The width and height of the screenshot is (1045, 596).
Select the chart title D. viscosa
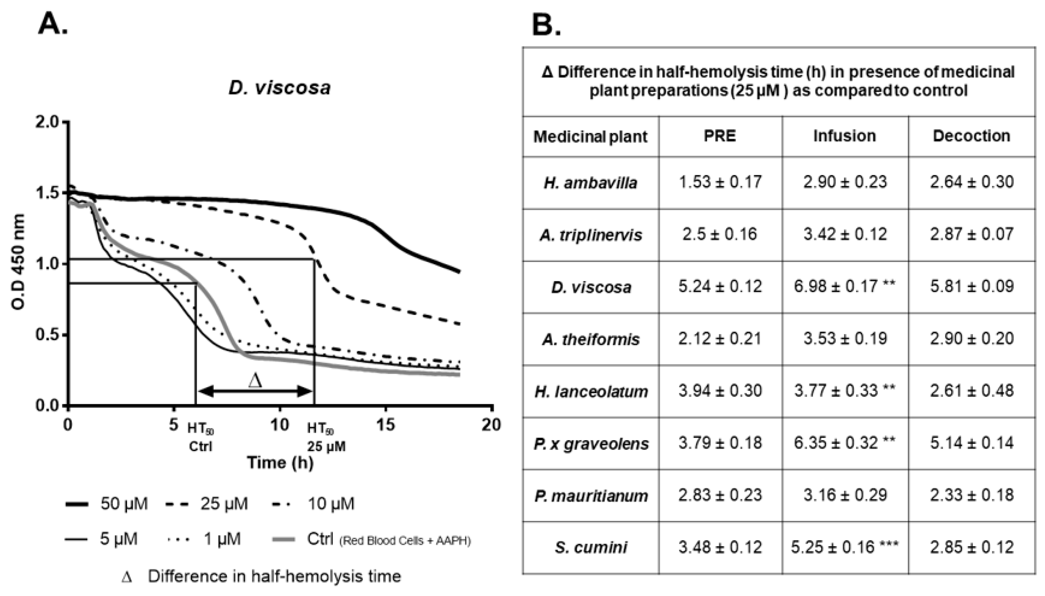pos(279,88)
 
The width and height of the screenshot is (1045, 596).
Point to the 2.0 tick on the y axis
pos(47,122)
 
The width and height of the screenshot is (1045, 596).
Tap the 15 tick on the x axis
pos(385,425)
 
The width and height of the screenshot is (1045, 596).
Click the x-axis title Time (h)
pos(280,463)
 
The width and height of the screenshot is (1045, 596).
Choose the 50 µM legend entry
pos(106,503)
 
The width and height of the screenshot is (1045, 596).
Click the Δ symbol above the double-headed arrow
pos(255,381)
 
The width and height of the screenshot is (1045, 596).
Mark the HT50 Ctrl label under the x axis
pos(200,437)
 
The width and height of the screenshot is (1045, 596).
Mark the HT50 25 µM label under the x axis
pos(326,437)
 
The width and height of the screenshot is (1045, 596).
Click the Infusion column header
pos(844,136)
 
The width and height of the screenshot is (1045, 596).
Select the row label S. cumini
pos(590,547)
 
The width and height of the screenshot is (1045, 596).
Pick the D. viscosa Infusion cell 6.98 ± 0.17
pos(844,286)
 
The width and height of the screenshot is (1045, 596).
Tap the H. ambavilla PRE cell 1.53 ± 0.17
pos(720,182)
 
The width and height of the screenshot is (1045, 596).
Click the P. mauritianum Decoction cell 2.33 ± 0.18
pos(971,495)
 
